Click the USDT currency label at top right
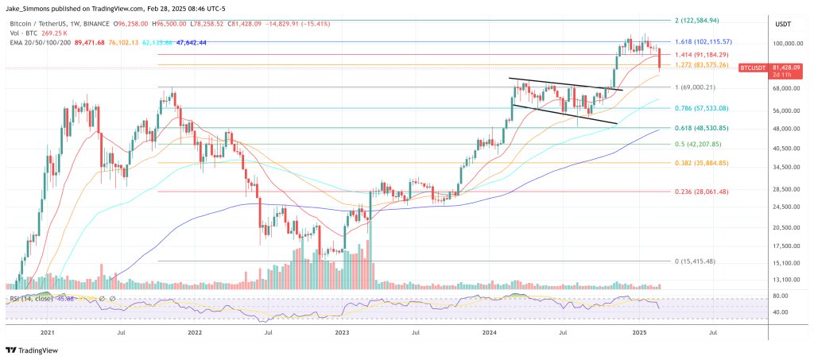(x=782, y=24)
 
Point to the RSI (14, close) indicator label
(x=29, y=299)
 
